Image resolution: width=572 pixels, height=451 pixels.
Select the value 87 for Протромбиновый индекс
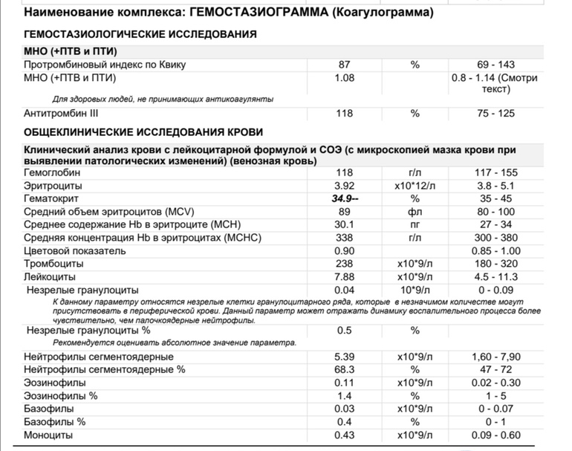point(344,65)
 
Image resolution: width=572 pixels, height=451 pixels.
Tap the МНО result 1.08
point(344,77)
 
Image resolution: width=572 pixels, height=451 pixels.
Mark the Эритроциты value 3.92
point(344,186)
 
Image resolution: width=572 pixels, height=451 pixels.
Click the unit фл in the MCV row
point(415,212)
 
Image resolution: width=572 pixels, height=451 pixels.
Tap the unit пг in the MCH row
point(415,225)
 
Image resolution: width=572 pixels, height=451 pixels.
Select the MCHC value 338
point(344,238)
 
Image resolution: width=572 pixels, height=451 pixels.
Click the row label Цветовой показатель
point(75,251)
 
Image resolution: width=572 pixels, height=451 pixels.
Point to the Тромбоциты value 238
point(344,264)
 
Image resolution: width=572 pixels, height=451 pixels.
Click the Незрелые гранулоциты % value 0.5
point(344,330)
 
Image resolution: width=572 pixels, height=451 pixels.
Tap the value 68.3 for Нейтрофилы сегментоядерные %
point(344,369)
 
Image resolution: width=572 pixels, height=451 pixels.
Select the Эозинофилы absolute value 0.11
point(344,383)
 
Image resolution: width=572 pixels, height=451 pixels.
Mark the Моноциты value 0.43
point(344,435)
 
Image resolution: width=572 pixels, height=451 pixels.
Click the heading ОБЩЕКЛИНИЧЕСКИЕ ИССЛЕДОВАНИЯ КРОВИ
point(143,132)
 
